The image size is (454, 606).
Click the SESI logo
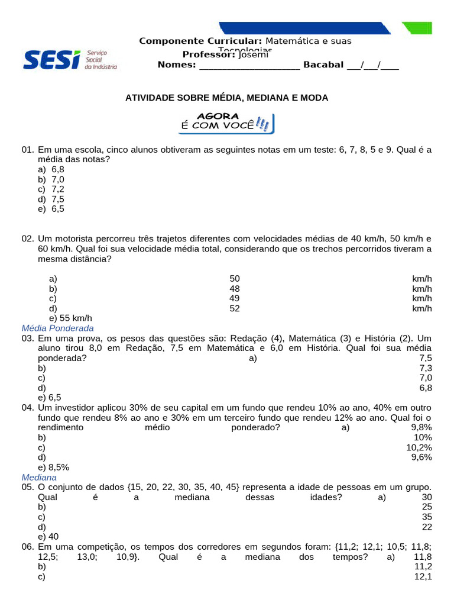69,59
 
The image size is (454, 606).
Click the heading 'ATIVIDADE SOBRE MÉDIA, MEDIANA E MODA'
226,98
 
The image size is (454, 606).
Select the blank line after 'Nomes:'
249,66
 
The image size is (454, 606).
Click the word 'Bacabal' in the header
323,65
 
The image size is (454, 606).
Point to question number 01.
28,150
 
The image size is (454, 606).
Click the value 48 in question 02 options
235,289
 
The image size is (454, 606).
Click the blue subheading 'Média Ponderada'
57,328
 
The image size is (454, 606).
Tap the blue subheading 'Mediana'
39,477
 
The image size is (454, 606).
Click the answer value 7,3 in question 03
425,368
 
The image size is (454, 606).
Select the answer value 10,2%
419,447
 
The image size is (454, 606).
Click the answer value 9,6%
421,457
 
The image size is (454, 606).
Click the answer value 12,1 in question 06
423,576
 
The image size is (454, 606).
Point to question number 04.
28,408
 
